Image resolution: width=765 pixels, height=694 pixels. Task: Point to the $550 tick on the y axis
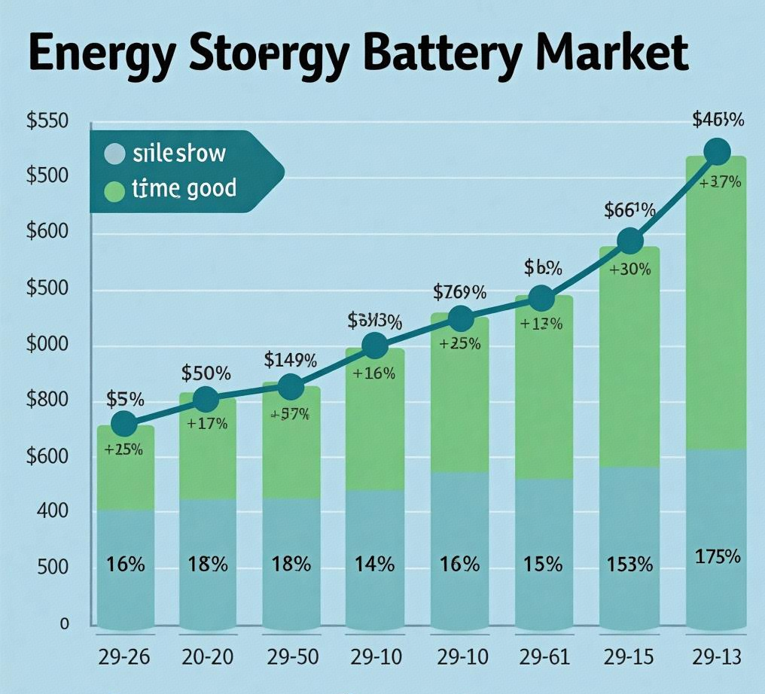(47, 120)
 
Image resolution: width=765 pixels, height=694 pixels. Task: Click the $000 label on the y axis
(47, 345)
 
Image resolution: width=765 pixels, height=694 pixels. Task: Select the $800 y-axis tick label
(47, 400)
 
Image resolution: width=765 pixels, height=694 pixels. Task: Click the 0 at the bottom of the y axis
(65, 624)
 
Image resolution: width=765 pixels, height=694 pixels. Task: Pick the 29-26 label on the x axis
(124, 657)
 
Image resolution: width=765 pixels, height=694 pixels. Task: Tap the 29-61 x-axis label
(541, 657)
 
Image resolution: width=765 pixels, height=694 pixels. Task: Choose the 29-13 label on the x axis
(715, 657)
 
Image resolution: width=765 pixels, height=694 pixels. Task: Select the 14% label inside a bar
(375, 564)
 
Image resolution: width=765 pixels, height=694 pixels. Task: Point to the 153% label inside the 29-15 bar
(629, 564)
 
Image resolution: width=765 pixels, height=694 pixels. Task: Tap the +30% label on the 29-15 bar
(629, 269)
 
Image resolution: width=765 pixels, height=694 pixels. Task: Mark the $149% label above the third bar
(291, 360)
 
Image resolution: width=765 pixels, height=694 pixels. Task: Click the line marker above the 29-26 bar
(124, 424)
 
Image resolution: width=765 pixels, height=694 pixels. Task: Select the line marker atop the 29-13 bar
(717, 151)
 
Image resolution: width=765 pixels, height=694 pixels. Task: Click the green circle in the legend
(114, 190)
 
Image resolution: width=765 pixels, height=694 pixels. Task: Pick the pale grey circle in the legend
(114, 154)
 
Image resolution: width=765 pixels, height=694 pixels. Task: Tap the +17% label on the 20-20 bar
(207, 423)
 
